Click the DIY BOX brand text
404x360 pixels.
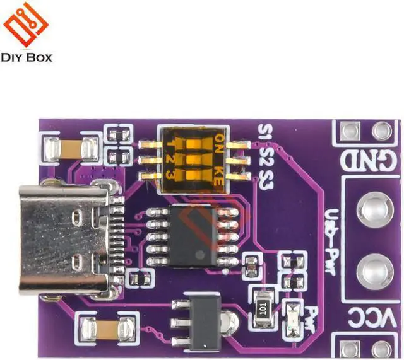coord(27,58)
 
